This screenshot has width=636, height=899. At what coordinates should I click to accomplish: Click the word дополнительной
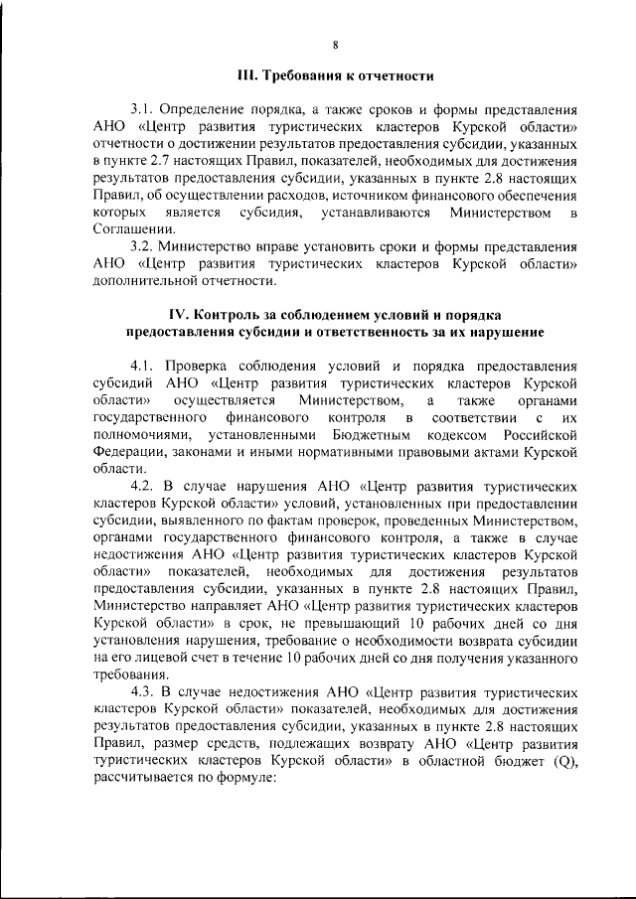(x=141, y=282)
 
